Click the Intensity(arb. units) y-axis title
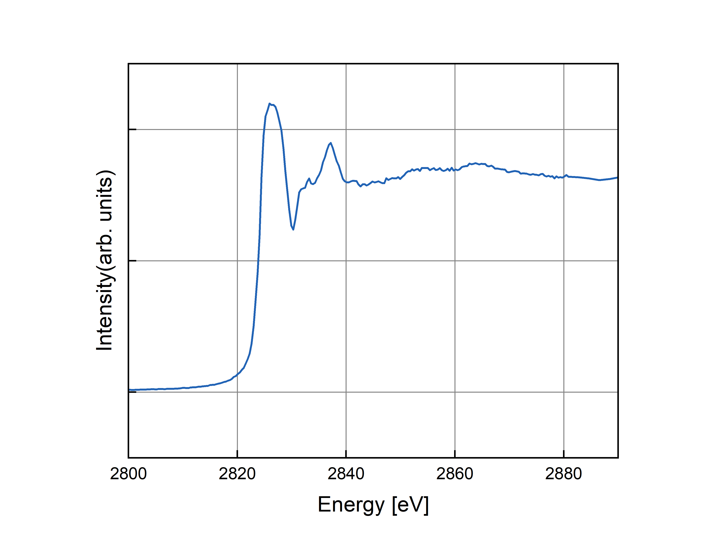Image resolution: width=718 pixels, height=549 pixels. point(105,260)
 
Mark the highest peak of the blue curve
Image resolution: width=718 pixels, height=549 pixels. point(269,104)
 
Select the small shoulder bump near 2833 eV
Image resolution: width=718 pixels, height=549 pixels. point(309,179)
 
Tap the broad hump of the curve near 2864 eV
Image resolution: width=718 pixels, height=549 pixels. point(476,163)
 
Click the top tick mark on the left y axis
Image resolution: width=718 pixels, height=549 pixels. point(132,129)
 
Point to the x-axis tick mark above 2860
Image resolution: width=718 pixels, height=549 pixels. point(455,454)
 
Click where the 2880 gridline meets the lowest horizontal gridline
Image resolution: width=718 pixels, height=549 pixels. point(564,392)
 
